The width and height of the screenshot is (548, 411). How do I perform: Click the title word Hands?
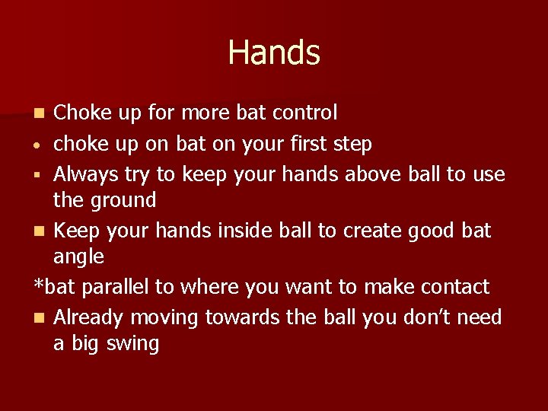274,53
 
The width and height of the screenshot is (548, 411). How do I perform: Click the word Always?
86,174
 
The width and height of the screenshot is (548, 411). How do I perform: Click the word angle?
78,256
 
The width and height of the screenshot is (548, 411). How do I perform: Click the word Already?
88,317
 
